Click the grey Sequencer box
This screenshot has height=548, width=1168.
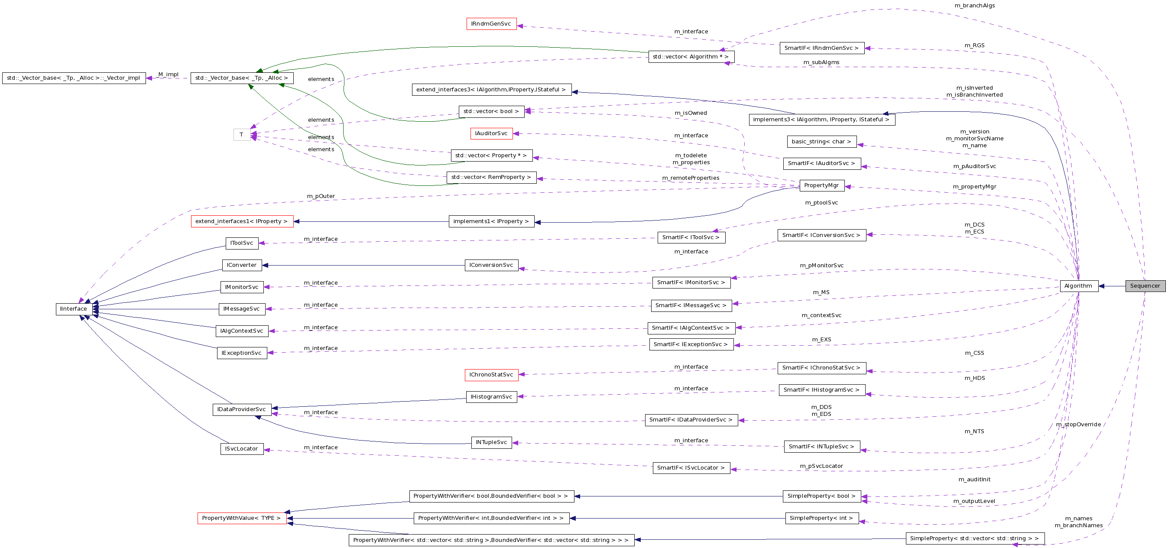click(1145, 286)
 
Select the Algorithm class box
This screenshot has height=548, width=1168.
click(1078, 286)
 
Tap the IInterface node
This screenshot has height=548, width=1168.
click(74, 309)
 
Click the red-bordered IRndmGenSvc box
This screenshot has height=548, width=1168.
click(491, 24)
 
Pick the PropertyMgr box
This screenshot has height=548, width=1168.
click(821, 185)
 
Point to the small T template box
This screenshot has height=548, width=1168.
click(242, 135)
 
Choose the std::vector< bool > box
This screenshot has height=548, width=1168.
click(491, 111)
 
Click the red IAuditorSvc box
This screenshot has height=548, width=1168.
click(491, 134)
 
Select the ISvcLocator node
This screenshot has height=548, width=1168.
click(242, 449)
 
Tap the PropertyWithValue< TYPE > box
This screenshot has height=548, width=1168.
click(242, 518)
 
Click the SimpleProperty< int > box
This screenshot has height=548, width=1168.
click(821, 518)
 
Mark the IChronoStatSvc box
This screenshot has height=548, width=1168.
click(491, 375)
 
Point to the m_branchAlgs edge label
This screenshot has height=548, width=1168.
click(974, 6)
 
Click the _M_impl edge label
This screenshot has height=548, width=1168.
click(168, 75)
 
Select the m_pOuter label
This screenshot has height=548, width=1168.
click(321, 196)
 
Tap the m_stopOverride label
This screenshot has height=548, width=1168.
click(1078, 425)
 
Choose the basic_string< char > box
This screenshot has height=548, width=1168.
click(821, 142)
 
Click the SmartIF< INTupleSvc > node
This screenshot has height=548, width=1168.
click(821, 447)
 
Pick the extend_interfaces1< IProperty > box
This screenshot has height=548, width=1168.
click(242, 222)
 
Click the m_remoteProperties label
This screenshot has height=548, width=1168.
click(691, 178)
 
